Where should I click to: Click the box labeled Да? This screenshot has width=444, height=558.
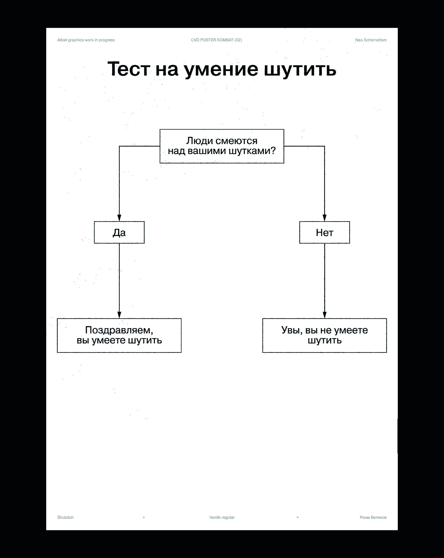[119, 232]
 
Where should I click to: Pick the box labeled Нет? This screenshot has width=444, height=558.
[324, 232]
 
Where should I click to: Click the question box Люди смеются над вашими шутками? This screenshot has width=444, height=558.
[222, 146]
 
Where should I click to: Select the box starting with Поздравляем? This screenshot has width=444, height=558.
[119, 335]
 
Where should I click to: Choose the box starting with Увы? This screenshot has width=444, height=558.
[324, 335]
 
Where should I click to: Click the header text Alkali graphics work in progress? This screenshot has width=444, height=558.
[86, 40]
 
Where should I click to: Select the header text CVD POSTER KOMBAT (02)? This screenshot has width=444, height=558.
[216, 40]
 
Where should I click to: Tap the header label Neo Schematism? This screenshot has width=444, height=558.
[371, 40]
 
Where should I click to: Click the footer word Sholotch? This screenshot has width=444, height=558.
[65, 517]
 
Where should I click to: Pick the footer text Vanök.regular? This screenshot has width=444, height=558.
[222, 517]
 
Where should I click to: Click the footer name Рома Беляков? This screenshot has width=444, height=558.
[373, 517]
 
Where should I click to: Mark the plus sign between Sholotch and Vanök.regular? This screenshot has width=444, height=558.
[144, 517]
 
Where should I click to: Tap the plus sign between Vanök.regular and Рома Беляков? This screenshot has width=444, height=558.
[298, 517]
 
